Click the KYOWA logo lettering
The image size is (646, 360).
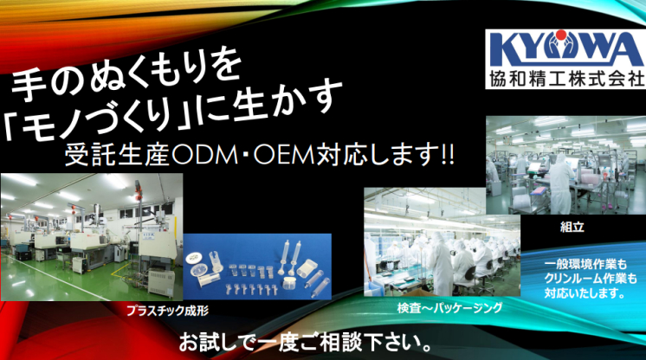pyautogui.click(x=565, y=49)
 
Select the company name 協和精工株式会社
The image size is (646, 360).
pyautogui.click(x=566, y=79)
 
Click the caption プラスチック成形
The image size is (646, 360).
pyautogui.click(x=167, y=310)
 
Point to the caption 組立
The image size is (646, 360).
pyautogui.click(x=572, y=227)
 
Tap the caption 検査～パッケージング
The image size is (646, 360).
pyautogui.click(x=450, y=308)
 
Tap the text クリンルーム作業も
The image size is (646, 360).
pyautogui.click(x=591, y=279)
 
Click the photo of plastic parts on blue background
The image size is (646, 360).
pyautogui.click(x=257, y=267)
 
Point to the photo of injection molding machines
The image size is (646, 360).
pyautogui.click(x=92, y=237)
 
